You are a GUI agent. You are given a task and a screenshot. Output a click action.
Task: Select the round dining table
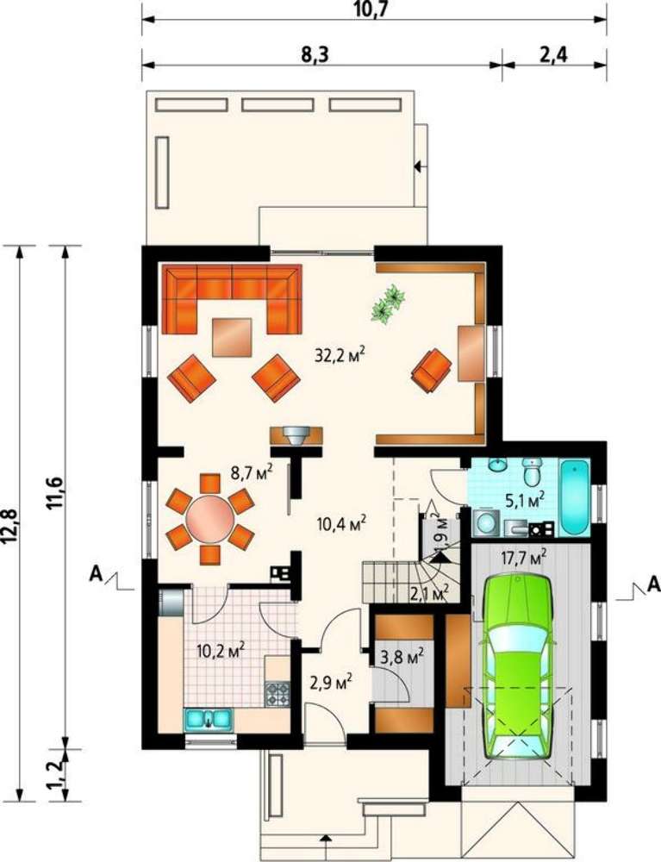click(x=210, y=518)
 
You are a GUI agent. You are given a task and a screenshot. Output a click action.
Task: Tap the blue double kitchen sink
click(x=209, y=719)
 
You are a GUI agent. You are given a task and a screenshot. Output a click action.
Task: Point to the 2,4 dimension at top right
click(x=553, y=55)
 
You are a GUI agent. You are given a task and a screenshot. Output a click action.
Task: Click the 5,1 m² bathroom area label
click(x=524, y=498)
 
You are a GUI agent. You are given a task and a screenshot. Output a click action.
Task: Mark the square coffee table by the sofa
click(x=233, y=337)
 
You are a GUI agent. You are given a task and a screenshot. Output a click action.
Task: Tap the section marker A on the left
click(x=97, y=574)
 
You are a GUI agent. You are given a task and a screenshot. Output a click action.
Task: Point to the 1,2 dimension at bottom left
click(x=57, y=775)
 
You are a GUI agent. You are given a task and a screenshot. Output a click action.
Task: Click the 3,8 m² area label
click(x=402, y=656)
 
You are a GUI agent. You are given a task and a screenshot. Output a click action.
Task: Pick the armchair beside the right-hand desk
click(x=432, y=371)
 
